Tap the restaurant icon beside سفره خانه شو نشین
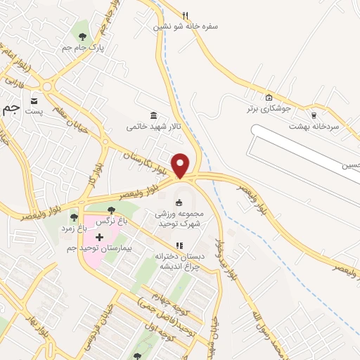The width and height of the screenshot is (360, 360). click(x=186, y=15)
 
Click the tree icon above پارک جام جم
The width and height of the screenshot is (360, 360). click(x=83, y=37)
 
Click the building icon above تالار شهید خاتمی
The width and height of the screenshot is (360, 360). click(x=153, y=115)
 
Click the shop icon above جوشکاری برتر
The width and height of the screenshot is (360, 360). click(x=269, y=97)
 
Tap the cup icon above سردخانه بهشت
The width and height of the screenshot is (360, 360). click(x=314, y=115)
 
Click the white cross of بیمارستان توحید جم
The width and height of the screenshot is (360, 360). click(x=99, y=237)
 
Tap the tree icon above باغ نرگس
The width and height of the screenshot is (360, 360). click(x=110, y=210)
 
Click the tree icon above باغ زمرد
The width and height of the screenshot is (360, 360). click(x=74, y=217)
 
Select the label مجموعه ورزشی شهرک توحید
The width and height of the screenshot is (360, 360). click(x=178, y=218)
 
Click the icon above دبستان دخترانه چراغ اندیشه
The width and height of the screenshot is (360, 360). click(x=179, y=245)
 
